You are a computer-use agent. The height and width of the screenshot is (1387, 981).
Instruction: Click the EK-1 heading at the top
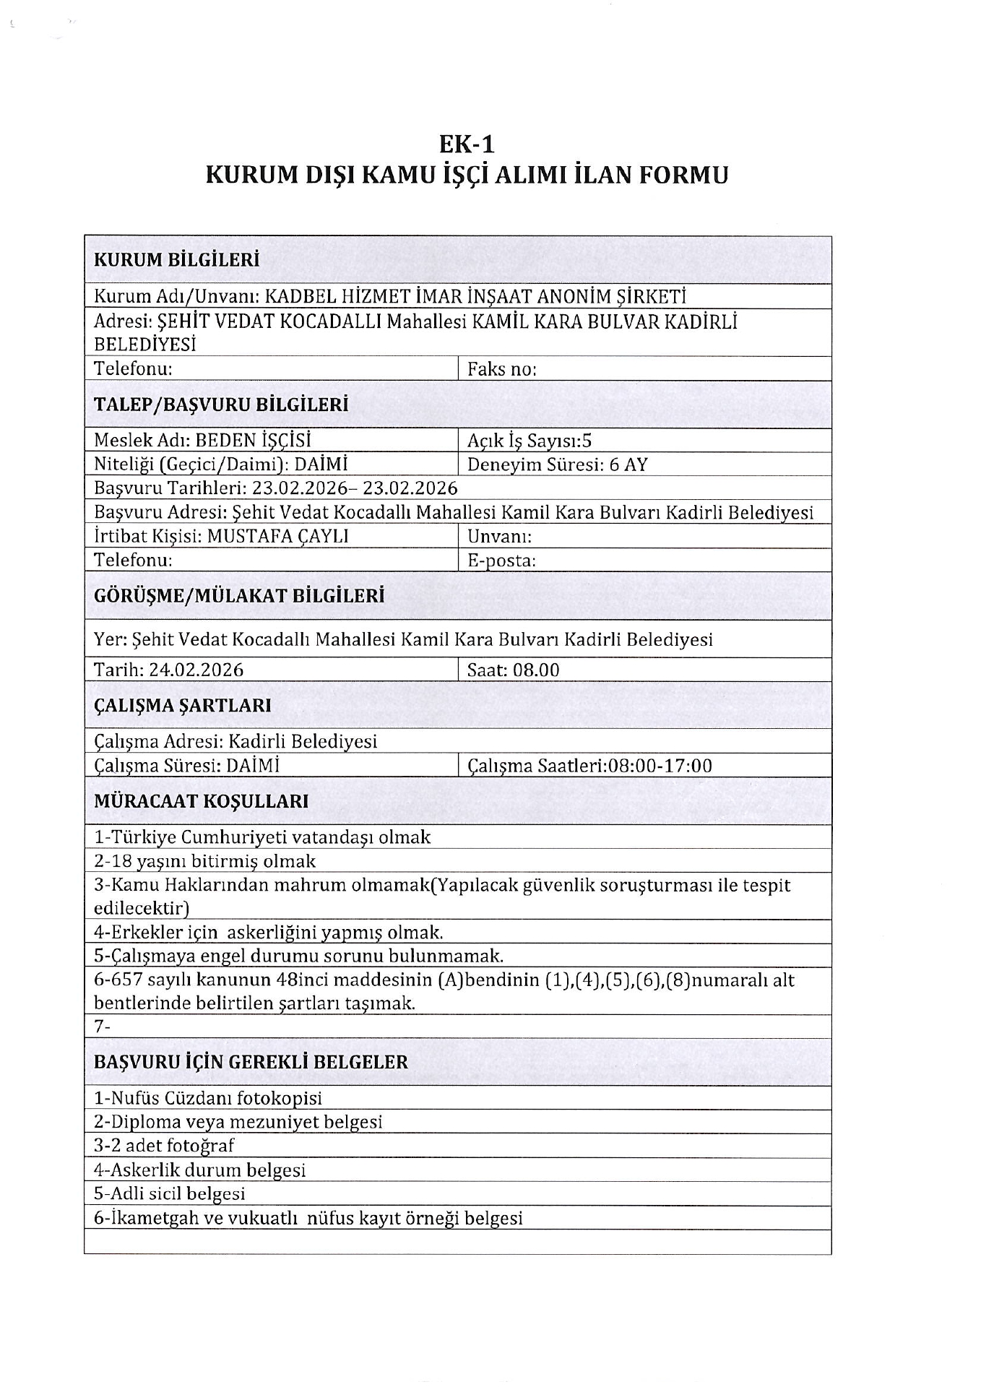[467, 144]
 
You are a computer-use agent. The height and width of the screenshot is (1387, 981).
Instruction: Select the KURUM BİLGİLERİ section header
[176, 260]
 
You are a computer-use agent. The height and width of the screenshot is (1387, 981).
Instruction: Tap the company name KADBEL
[298, 296]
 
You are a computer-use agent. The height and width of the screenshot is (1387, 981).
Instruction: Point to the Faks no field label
[501, 369]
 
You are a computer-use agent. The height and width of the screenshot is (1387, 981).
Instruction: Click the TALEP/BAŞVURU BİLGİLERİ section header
[221, 405]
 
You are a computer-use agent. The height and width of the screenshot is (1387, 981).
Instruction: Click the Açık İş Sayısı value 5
[587, 441]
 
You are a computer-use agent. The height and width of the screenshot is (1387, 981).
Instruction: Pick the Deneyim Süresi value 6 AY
[628, 464]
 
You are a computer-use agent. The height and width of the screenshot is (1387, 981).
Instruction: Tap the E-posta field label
[501, 561]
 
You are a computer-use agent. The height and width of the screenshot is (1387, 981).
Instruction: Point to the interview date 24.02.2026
[196, 670]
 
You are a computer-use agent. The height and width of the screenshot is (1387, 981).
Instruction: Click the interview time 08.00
[535, 670]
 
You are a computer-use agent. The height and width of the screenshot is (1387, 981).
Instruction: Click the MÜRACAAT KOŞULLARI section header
[201, 801]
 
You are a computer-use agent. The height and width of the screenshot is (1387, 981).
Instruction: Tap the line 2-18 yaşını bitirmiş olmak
[205, 861]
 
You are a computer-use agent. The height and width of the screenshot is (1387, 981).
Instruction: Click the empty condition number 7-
[102, 1027]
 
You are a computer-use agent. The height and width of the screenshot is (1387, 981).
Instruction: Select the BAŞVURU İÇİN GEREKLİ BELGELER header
[251, 1062]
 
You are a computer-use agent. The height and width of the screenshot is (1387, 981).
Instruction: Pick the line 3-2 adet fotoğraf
[164, 1146]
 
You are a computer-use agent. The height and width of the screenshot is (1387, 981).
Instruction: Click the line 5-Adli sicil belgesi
[170, 1193]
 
